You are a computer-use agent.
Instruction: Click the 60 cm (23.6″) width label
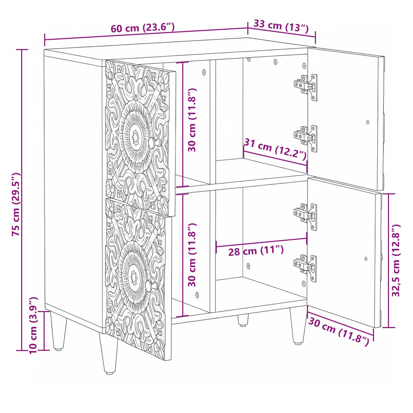(x=143, y=28)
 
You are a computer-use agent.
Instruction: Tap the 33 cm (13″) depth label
(x=281, y=26)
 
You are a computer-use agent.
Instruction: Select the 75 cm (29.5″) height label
(x=16, y=204)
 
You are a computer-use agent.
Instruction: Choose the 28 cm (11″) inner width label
(x=256, y=251)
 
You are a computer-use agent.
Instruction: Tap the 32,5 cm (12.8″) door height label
(x=396, y=260)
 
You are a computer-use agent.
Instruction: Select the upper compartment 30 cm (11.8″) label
(x=192, y=120)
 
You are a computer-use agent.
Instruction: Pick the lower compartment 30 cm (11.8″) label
(x=192, y=255)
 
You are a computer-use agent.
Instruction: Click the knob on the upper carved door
(x=152, y=142)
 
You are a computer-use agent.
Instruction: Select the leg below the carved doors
(x=108, y=354)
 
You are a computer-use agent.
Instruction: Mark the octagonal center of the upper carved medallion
(x=135, y=136)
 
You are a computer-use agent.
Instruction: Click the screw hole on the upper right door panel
(x=368, y=122)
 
